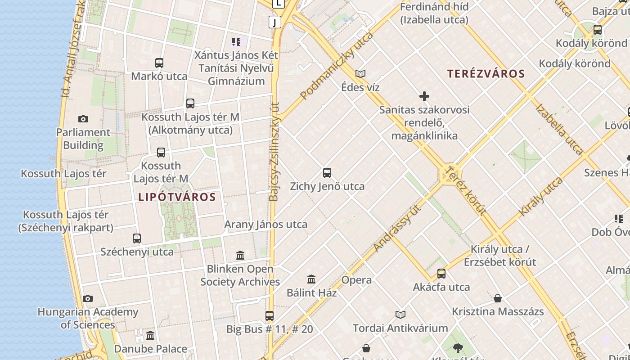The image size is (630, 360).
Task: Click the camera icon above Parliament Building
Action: [83, 119]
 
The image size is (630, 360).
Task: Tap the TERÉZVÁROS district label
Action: [486, 74]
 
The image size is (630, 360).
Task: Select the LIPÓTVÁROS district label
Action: [177, 197]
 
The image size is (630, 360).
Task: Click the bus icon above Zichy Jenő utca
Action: [327, 173]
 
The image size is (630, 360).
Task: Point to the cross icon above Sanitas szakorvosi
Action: [424, 96]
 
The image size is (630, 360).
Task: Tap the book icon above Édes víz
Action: [360, 74]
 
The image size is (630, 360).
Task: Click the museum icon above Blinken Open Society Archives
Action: [240, 256]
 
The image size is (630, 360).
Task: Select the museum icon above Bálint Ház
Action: [311, 279]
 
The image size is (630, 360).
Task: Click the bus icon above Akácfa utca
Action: [441, 274]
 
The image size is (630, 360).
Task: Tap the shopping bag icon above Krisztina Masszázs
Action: [498, 298]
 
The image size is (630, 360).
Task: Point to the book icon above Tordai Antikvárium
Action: [400, 315]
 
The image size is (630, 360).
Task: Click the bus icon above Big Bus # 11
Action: [270, 316]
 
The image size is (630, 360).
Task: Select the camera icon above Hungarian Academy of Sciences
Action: [88, 299]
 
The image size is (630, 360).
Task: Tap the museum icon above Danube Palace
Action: [150, 336]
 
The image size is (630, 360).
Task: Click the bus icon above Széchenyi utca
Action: [137, 238]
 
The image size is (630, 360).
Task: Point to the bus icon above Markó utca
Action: [159, 63]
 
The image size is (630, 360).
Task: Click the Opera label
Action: [356, 280]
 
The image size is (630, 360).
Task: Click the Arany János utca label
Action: [266, 224]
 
